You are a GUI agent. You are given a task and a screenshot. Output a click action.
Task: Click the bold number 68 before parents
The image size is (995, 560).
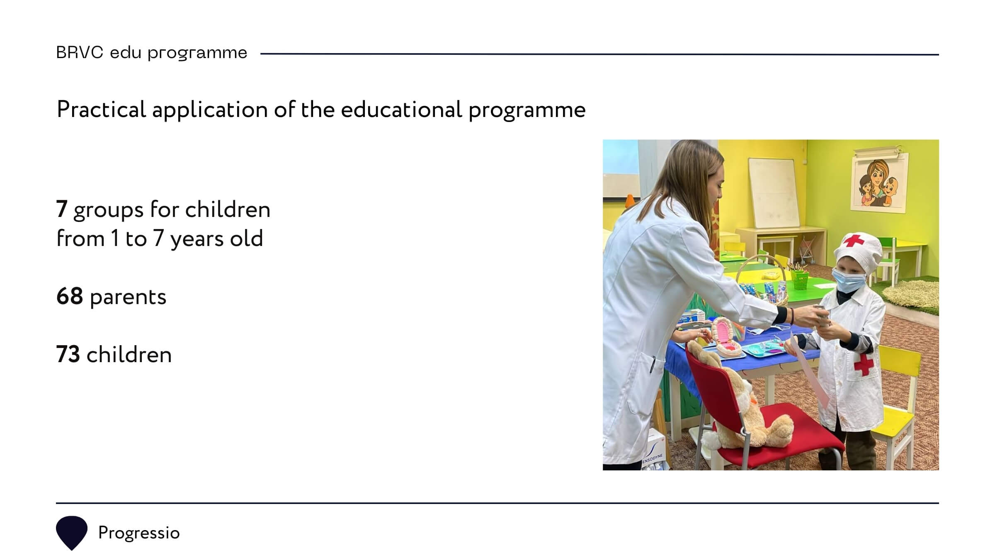(70, 297)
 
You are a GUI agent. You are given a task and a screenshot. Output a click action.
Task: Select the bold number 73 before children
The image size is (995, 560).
(68, 355)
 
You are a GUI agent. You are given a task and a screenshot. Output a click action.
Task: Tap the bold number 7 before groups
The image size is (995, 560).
(62, 209)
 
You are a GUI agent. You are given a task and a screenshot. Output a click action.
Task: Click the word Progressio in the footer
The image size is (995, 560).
(139, 533)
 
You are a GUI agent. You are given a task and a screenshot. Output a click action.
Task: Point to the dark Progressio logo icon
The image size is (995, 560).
(72, 533)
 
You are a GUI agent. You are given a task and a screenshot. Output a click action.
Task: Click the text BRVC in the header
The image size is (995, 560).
(80, 53)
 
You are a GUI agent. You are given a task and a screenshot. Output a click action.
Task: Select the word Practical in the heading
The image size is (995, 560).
(102, 110)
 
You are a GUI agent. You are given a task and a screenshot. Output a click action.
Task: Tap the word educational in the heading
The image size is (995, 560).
(401, 110)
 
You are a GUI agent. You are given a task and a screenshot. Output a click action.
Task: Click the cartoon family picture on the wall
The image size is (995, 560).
(879, 183)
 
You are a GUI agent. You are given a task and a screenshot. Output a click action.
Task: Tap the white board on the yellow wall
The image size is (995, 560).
(773, 193)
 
